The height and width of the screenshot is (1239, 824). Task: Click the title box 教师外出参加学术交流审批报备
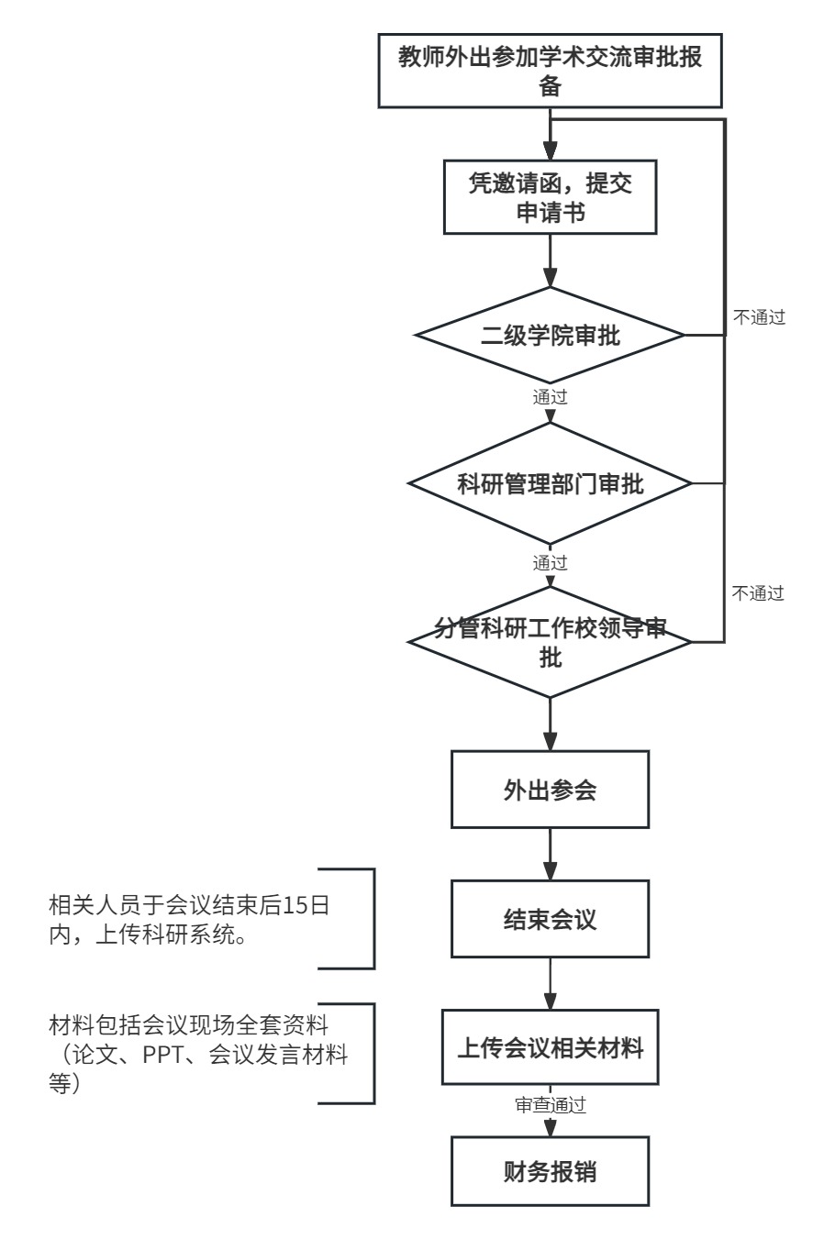tap(550, 71)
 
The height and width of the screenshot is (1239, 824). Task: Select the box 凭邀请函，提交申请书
tap(550, 197)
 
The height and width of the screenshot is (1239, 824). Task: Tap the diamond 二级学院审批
tap(550, 335)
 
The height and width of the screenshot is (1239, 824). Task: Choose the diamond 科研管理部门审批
tap(550, 483)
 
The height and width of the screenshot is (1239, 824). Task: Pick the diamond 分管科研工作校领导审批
tap(550, 642)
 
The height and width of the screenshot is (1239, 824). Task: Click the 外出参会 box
tap(550, 790)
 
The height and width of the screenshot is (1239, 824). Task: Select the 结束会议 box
tap(550, 919)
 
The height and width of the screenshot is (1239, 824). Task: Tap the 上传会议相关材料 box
tap(550, 1047)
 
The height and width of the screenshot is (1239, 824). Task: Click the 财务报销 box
tap(550, 1171)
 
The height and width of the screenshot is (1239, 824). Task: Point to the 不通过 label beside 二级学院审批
tap(759, 317)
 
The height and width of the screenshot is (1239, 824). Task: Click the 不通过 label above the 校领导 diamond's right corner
tap(758, 593)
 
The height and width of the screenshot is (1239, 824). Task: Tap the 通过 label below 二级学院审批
tap(550, 397)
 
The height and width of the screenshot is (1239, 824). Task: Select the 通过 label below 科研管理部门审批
tap(550, 563)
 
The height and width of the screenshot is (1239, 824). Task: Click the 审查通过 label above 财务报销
tap(550, 1105)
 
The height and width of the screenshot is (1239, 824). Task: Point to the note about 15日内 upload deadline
tap(189, 920)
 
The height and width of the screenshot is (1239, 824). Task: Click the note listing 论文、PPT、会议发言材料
tap(198, 1055)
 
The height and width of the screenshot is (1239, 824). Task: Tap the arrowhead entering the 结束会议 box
tap(550, 871)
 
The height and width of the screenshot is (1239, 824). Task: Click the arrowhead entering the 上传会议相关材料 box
tap(550, 1001)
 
